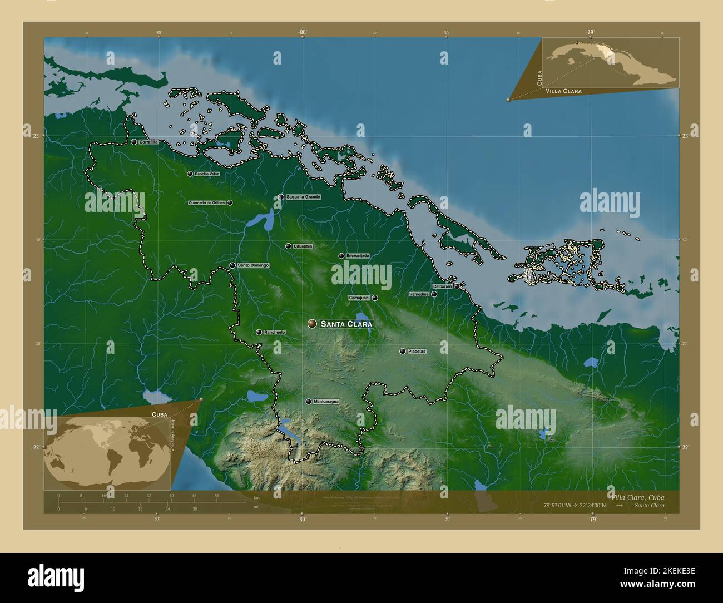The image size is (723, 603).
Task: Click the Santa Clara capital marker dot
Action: coord(312,324)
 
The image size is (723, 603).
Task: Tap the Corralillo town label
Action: coord(148,142)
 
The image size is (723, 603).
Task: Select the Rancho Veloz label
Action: coord(207,174)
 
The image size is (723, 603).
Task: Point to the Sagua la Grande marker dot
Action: coord(281,197)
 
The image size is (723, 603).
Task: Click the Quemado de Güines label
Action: coord(207,203)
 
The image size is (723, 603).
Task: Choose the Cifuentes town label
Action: coord(303,246)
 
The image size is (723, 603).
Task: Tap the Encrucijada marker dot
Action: coord(341,256)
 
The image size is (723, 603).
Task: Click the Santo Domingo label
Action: coord(253,265)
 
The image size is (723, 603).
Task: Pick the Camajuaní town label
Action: coord(359,298)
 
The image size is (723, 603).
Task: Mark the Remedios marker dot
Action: coord(434,294)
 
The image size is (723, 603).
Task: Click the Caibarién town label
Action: coord(442,286)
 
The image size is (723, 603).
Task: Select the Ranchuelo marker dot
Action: coord(259,332)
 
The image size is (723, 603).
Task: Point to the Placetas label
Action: coord(417,352)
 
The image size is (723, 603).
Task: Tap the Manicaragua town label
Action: coord(326,401)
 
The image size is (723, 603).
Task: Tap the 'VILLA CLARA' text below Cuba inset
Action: coord(563,91)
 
